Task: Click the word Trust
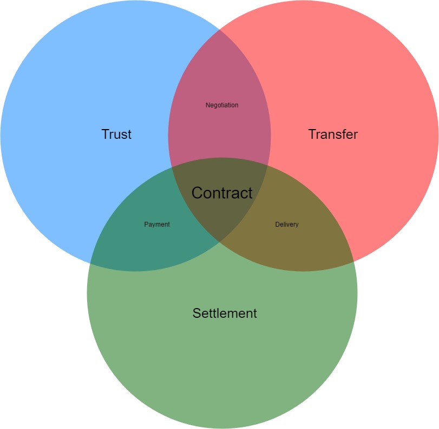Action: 116,135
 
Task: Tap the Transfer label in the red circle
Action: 333,135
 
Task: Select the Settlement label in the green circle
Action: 225,313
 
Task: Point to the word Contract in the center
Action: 222,193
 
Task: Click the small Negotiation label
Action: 222,105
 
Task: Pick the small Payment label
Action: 157,225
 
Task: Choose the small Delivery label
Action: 286,225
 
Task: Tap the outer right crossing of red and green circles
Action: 353,264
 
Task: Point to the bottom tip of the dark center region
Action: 219,242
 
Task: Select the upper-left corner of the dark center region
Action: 172,167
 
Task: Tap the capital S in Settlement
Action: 196,313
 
